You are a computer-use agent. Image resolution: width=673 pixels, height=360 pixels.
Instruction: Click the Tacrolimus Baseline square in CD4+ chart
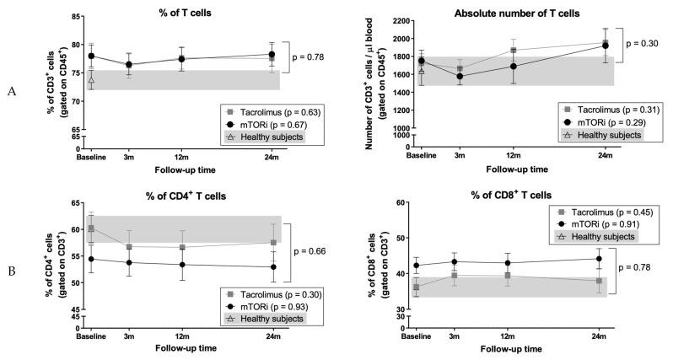pos(91,228)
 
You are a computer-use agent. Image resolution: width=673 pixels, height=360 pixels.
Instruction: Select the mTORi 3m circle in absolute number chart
pos(460,77)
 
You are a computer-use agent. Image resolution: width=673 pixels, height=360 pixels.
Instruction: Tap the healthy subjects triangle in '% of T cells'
pos(91,81)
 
